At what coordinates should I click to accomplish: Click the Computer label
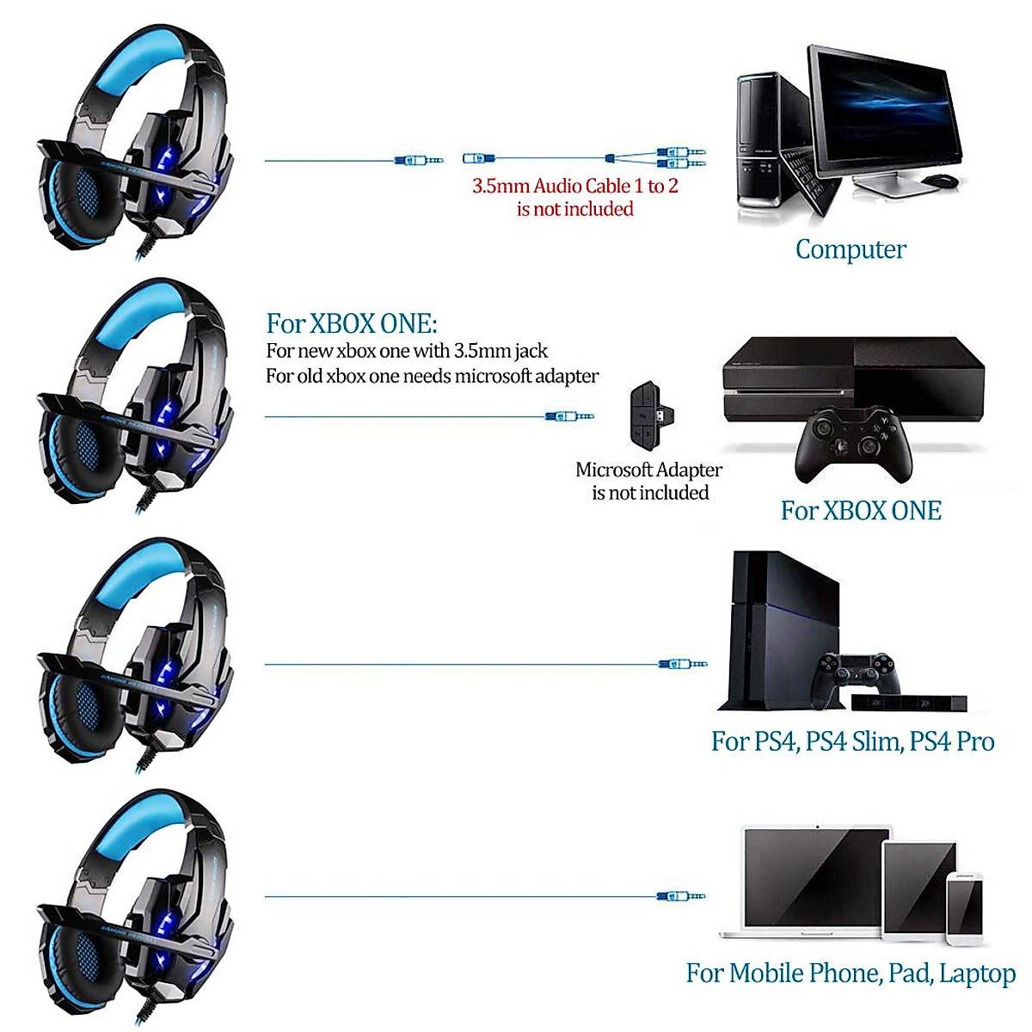click(851, 249)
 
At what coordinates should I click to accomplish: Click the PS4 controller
click(857, 672)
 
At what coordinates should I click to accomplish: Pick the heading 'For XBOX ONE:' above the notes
click(352, 323)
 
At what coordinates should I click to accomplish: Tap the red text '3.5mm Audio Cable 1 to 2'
click(574, 186)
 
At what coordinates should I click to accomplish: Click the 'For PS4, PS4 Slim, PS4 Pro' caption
click(852, 741)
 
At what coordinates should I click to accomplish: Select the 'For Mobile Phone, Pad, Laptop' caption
click(851, 973)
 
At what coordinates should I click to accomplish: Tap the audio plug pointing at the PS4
click(682, 664)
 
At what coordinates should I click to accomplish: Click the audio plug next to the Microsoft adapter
click(569, 416)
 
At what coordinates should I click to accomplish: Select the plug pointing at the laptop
click(680, 896)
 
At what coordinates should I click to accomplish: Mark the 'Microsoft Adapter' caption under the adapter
click(648, 470)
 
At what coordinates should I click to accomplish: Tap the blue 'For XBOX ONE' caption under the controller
click(861, 511)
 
